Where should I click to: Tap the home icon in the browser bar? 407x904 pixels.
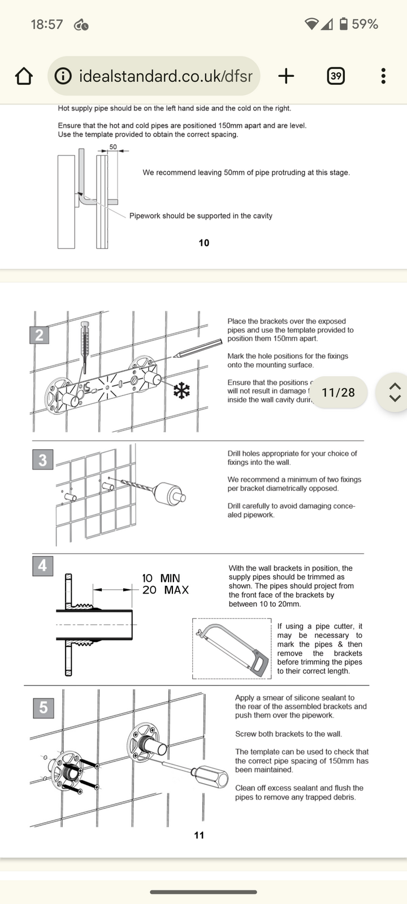(24, 76)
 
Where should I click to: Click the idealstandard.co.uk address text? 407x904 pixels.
(165, 76)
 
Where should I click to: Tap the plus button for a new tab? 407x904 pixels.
(286, 76)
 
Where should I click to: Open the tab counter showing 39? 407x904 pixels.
(336, 76)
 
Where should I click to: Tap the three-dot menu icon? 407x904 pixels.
(383, 76)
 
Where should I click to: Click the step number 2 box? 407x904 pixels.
(39, 335)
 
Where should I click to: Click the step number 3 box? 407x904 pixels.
(42, 460)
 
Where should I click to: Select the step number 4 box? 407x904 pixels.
(42, 566)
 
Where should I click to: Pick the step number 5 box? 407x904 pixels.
(44, 707)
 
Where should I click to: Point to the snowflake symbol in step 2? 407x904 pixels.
(181, 390)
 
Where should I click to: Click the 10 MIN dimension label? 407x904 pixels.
(161, 578)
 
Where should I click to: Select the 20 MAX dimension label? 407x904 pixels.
(165, 590)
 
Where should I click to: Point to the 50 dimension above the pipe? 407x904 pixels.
(113, 147)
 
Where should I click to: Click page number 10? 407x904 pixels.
(204, 243)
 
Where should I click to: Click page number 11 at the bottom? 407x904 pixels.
(199, 835)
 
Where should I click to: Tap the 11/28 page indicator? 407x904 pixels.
(338, 392)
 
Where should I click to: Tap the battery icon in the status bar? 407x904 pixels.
(343, 24)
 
